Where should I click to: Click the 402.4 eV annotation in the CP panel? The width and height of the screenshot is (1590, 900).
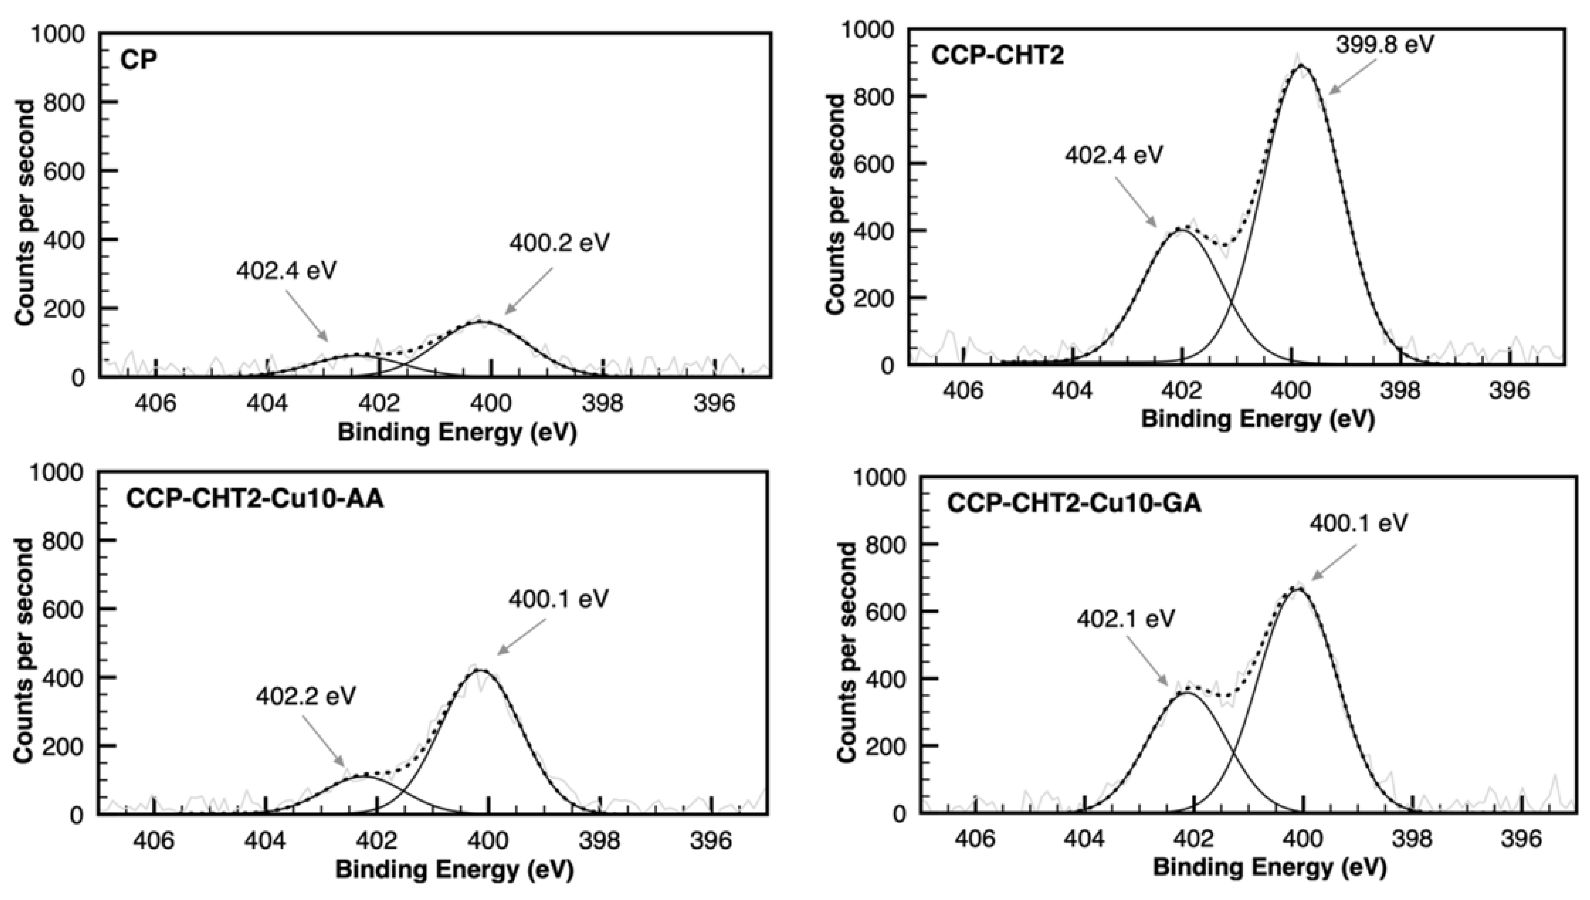tap(286, 271)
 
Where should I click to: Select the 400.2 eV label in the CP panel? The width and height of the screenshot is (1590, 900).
tap(559, 243)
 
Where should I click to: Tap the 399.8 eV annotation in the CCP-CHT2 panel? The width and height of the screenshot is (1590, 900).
tap(1384, 45)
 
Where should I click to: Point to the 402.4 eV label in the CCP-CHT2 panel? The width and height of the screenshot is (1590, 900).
tap(1113, 155)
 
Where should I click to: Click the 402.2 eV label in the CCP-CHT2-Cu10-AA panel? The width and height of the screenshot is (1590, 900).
tap(306, 697)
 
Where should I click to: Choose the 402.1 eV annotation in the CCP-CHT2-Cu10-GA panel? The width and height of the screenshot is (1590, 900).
tap(1125, 619)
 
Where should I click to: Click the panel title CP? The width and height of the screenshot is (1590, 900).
tap(138, 60)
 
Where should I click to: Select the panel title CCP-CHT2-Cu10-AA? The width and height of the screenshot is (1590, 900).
tap(255, 499)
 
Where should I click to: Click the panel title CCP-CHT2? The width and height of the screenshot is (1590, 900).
tap(997, 56)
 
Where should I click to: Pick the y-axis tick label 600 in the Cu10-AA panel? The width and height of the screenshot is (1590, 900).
tap(63, 609)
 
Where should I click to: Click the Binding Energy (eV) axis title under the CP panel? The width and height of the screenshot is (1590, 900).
tap(457, 433)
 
